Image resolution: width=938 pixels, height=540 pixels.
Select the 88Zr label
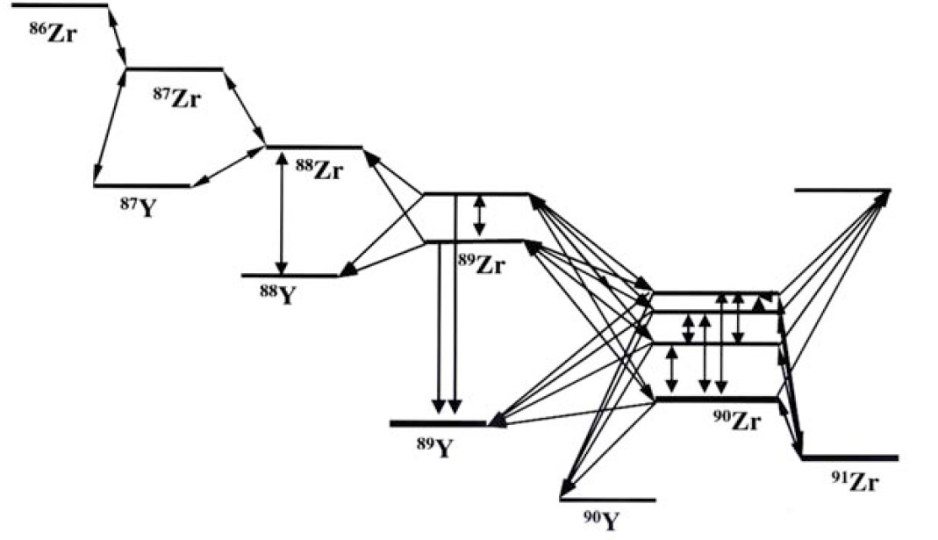[x=318, y=169]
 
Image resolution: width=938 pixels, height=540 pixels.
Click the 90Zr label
[x=735, y=421]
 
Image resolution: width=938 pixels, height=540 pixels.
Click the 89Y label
[x=435, y=447]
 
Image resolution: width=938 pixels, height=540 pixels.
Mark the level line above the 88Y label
[x=290, y=276]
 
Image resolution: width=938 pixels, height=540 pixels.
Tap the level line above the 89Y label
[x=437, y=424]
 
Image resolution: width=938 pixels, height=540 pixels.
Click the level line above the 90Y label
[x=607, y=500]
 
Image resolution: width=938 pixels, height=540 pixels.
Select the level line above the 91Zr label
[x=849, y=457]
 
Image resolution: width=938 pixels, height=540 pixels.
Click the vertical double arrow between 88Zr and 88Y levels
[x=282, y=212]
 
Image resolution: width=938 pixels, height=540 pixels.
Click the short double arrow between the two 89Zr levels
[x=478, y=216]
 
